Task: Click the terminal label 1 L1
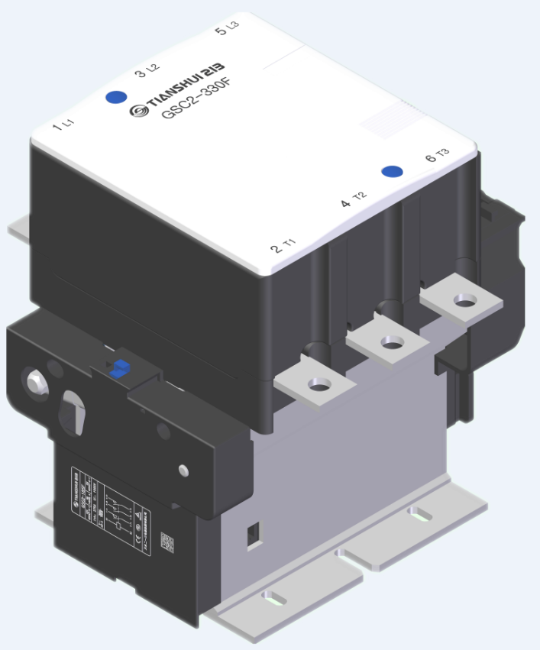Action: [x=63, y=125]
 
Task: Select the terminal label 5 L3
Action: [x=227, y=30]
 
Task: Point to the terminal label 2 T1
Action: [x=283, y=247]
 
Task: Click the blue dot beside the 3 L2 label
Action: [x=116, y=97]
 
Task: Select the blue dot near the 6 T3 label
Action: [x=392, y=172]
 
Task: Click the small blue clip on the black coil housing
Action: [x=118, y=368]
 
